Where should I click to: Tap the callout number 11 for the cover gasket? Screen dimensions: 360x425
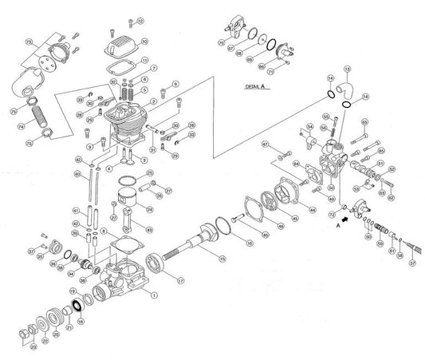click(x=144, y=60)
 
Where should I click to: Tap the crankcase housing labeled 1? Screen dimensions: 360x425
click(x=124, y=279)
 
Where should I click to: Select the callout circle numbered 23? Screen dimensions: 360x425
click(x=33, y=346)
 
